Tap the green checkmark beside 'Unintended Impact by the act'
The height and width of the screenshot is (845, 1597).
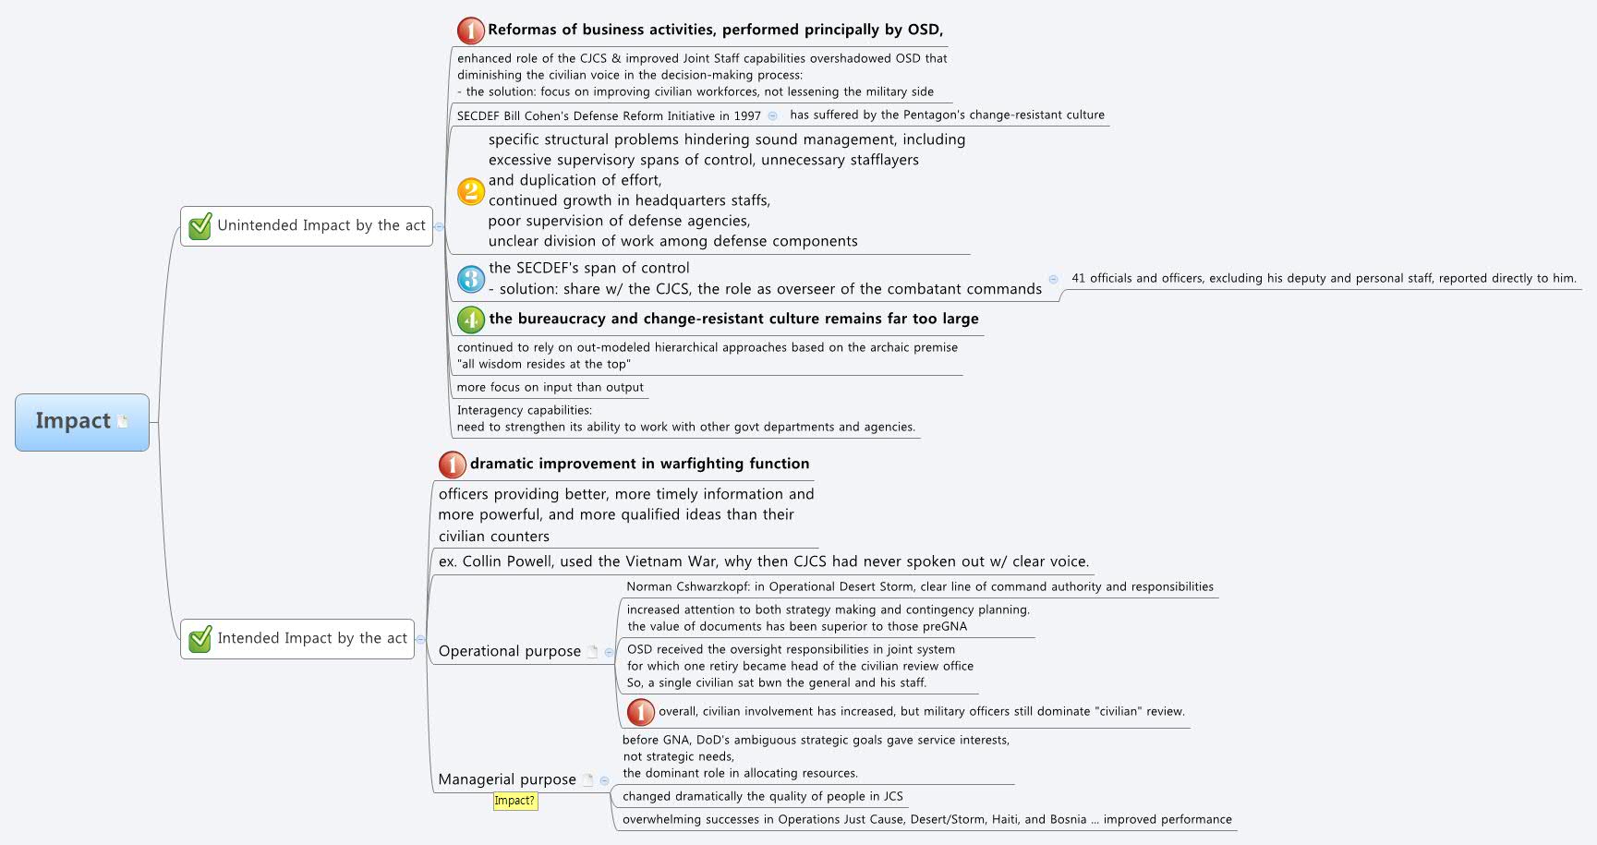pos(200,226)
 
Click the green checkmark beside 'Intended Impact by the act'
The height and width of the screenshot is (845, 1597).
pos(200,639)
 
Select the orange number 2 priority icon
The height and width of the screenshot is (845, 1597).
pos(471,191)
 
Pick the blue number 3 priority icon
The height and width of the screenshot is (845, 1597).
pos(471,279)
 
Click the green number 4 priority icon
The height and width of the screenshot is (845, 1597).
pos(471,320)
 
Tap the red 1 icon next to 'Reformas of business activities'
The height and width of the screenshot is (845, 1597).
pos(471,30)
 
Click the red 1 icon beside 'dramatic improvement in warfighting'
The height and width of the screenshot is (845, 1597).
pos(453,465)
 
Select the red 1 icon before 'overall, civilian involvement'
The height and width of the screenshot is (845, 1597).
pos(641,712)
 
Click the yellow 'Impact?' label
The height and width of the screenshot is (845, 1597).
pos(514,801)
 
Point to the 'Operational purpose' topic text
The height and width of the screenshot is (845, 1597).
pos(509,651)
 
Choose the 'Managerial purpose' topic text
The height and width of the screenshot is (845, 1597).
pos(507,779)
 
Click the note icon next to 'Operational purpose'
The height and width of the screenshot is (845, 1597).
pos(592,651)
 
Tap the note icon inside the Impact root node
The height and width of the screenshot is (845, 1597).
pos(123,422)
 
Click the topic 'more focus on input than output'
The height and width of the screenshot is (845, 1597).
pos(550,387)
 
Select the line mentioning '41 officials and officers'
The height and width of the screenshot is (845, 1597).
pos(1323,278)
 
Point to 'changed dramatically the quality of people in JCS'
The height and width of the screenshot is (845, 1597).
pos(762,796)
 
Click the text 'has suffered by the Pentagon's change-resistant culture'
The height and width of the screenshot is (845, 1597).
pos(947,115)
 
